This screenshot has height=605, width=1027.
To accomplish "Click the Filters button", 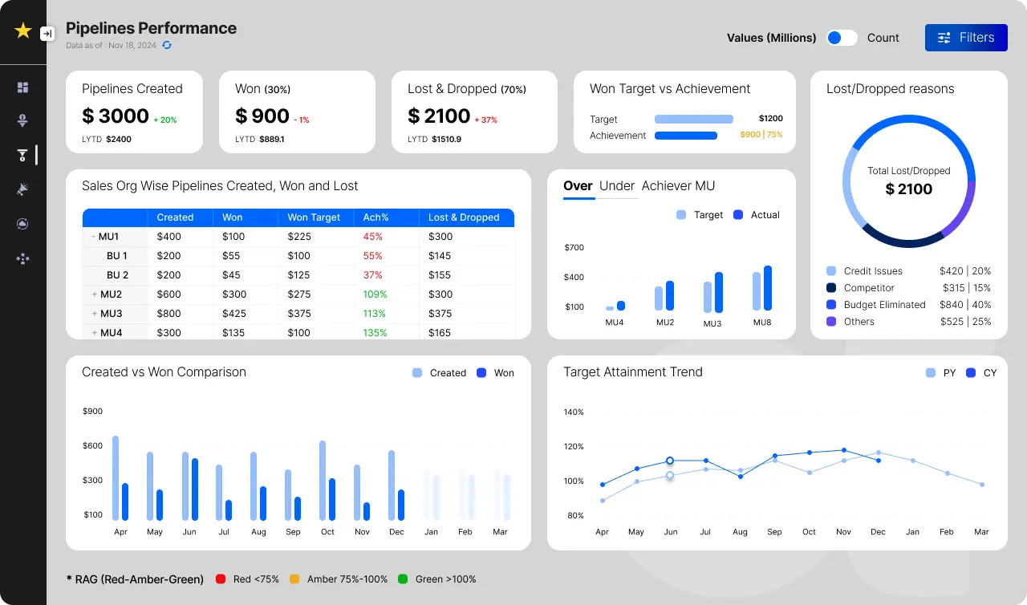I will (x=966, y=38).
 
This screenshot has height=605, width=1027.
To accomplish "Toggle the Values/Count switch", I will (x=842, y=38).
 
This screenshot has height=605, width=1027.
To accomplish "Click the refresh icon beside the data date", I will (x=167, y=46).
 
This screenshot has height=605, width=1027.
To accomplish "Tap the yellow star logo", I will (x=23, y=31).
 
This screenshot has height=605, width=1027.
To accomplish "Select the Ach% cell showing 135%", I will (x=375, y=332).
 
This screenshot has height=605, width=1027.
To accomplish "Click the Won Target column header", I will (x=314, y=217).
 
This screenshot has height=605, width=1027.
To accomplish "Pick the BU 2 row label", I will (x=117, y=274).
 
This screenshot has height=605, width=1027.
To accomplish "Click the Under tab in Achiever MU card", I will (x=616, y=186).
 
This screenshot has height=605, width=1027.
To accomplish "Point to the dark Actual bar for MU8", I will (x=768, y=288).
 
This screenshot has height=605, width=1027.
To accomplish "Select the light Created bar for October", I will (x=323, y=480).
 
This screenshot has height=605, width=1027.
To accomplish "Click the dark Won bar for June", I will (x=195, y=489).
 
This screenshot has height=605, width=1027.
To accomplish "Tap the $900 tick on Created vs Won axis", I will (x=93, y=412).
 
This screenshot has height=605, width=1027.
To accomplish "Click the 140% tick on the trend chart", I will (x=574, y=412).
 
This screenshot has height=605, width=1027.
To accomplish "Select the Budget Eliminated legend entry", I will (x=884, y=305).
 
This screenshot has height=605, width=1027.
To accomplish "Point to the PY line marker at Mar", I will (x=981, y=485).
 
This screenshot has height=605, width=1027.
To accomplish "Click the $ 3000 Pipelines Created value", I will (x=116, y=116).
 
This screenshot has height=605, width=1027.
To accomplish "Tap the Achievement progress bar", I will (x=685, y=136).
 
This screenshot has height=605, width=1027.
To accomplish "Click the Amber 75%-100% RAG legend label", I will (x=347, y=579).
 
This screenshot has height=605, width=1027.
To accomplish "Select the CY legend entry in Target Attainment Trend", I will (x=982, y=373).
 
